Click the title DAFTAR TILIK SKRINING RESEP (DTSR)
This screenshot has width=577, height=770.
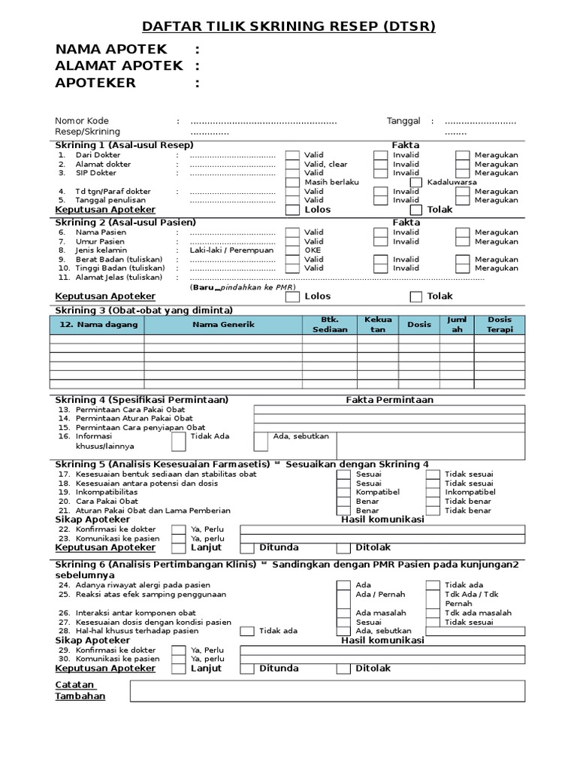[288, 27]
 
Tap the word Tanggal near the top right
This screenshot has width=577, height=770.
[403, 121]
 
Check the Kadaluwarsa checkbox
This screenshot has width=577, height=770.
[416, 182]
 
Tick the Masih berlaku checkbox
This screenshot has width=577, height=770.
[292, 182]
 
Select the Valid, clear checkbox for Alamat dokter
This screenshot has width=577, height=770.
[292, 164]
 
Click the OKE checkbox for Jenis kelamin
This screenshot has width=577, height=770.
[292, 250]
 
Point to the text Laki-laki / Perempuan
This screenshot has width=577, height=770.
[231, 250]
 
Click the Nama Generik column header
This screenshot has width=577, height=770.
[223, 324]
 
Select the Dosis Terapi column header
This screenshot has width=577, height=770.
[499, 324]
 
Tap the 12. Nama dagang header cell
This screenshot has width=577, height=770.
[98, 324]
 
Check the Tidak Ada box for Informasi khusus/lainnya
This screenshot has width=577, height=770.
[178, 441]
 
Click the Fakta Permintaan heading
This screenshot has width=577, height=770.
[389, 400]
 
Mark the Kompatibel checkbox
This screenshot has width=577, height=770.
[343, 493]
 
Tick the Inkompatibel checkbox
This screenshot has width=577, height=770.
[433, 493]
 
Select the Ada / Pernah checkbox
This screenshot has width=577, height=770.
[343, 594]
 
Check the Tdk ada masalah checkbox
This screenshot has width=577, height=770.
[433, 613]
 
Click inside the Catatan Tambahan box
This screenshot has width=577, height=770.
[328, 691]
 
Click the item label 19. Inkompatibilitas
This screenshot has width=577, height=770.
[102, 493]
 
